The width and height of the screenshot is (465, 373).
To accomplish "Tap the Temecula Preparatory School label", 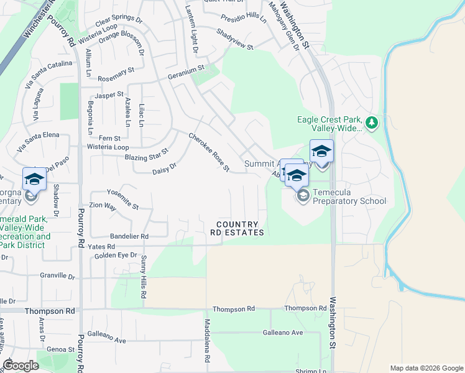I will (349, 196).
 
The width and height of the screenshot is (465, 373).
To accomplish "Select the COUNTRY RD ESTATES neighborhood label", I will (240, 228).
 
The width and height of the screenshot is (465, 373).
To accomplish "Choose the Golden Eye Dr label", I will (116, 256).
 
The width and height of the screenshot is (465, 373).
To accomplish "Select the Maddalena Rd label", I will (208, 341).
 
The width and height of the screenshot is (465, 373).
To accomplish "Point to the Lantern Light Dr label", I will (191, 29).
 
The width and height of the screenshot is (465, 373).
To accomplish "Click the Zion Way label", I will (103, 205).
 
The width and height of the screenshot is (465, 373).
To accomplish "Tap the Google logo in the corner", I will (21, 366).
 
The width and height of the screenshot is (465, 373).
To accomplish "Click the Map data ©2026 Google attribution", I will (426, 368).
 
